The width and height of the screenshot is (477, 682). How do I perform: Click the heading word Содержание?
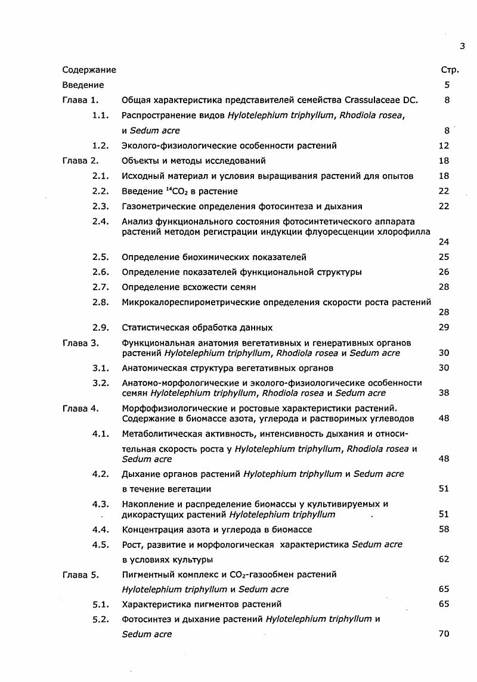click(x=89, y=70)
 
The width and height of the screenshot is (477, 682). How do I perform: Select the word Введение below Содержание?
click(x=83, y=85)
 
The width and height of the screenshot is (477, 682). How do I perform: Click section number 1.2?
click(x=101, y=145)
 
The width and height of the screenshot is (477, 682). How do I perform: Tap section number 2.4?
click(x=101, y=221)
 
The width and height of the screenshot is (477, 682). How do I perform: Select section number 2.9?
click(x=101, y=327)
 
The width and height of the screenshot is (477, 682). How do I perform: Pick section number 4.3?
click(x=101, y=504)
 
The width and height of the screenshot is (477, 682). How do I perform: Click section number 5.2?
click(x=101, y=619)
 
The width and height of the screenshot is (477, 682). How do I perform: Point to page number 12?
click(x=444, y=145)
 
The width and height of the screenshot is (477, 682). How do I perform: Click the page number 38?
click(x=444, y=393)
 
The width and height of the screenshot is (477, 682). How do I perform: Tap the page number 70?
click(x=444, y=634)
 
